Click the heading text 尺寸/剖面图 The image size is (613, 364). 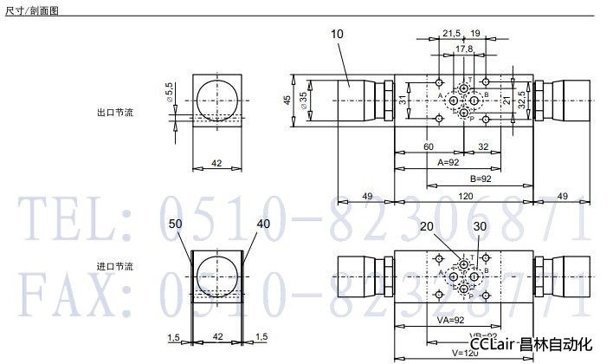pos(29,10)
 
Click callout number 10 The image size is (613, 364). pos(337,34)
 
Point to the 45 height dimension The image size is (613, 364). pos(287,100)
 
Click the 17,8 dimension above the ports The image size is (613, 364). pos(464,49)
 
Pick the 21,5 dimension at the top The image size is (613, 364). pos(451,34)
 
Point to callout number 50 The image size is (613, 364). pos(177,224)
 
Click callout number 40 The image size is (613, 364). pos(264,224)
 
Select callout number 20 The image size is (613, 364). pos(426,226)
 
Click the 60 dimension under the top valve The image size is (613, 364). pos(429,146)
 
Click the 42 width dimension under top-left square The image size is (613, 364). pos(216,163)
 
